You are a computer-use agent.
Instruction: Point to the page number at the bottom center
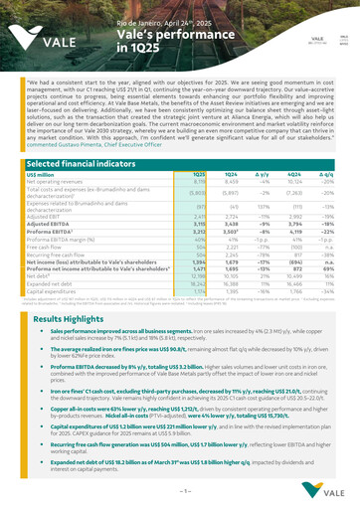[x=180, y=491]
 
